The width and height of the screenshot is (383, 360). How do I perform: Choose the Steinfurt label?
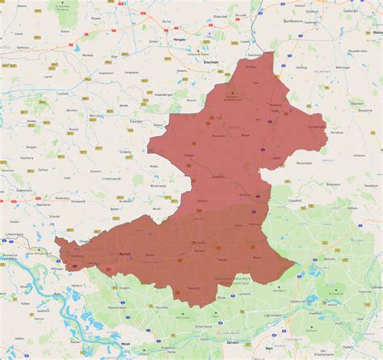click(x=316, y=126)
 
